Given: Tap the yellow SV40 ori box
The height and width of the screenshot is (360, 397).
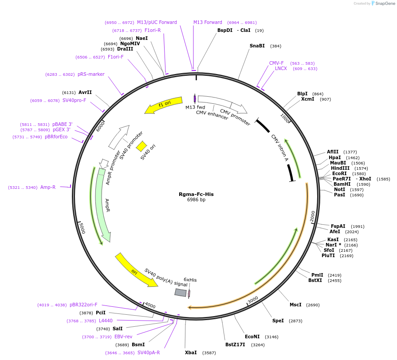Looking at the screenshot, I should click(x=142, y=146).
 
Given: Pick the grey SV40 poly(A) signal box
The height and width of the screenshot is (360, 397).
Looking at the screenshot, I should click(x=181, y=292).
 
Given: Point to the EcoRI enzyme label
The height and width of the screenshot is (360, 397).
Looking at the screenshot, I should click(x=339, y=173).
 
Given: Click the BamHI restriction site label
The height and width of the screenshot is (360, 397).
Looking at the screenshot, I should click(x=342, y=184).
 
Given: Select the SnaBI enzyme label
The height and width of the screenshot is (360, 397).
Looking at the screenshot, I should click(x=257, y=46).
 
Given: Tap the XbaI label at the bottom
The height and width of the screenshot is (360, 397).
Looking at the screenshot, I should click(x=191, y=352).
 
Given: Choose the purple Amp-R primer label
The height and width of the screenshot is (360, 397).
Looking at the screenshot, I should click(x=48, y=188).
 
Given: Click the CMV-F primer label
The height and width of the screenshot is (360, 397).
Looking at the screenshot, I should click(x=276, y=63).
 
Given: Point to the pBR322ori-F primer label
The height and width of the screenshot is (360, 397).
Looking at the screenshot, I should click(x=83, y=305).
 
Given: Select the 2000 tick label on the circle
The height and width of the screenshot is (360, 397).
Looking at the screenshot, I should click(x=312, y=216).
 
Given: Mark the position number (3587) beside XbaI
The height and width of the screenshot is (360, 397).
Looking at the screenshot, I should click(x=209, y=353).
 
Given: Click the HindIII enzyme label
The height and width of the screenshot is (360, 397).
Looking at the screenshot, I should click(x=340, y=168).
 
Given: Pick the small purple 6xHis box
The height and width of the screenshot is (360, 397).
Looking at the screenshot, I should click(x=189, y=293).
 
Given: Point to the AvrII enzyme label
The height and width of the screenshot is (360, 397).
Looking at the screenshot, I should click(x=85, y=92).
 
